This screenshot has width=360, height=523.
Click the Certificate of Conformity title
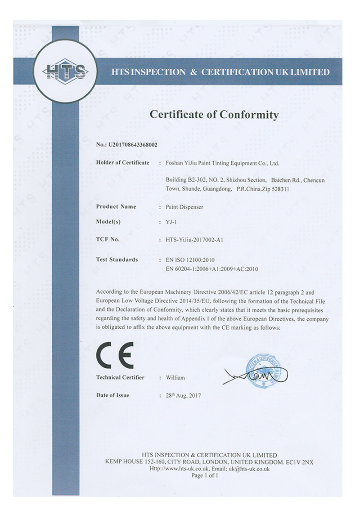pyautogui.click(x=214, y=115)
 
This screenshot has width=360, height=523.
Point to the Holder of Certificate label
pyautogui.click(x=122, y=162)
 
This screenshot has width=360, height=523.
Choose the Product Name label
pyautogui.click(x=116, y=207)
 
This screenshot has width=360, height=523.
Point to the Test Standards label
pyautogui.click(x=117, y=260)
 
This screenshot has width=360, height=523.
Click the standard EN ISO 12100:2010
pyautogui.click(x=192, y=260)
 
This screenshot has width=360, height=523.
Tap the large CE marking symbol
pyautogui.click(x=115, y=355)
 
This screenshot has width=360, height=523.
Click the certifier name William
pyautogui.click(x=175, y=378)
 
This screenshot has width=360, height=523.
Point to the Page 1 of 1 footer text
pyautogui.click(x=205, y=475)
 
